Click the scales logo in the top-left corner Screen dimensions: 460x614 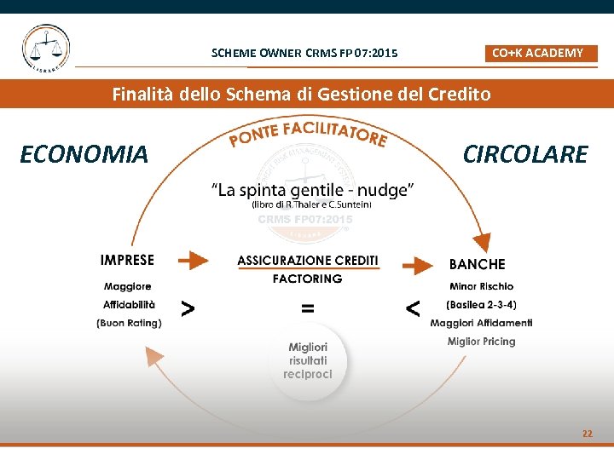[x=46, y=49]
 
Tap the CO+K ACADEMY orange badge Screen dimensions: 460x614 [x=537, y=53]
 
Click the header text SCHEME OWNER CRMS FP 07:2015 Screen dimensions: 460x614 [x=304, y=54]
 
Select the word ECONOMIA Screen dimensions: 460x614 [x=84, y=154]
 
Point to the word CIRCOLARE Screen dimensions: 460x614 [x=524, y=154]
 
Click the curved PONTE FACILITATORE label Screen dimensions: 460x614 [x=308, y=134]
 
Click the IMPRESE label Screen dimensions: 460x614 [x=127, y=260]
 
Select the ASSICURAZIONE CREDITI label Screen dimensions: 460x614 [x=308, y=260]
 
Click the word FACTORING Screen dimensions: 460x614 [x=307, y=279]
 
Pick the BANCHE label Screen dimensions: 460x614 [x=477, y=264]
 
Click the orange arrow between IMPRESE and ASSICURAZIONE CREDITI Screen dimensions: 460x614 [x=194, y=260]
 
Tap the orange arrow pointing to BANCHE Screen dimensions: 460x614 [x=417, y=265]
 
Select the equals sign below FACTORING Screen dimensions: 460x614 [x=307, y=308]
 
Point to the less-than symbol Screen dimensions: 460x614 [x=413, y=308]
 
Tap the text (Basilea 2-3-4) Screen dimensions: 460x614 [x=481, y=304]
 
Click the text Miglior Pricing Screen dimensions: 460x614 [x=481, y=342]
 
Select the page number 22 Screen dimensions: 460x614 [x=587, y=434]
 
